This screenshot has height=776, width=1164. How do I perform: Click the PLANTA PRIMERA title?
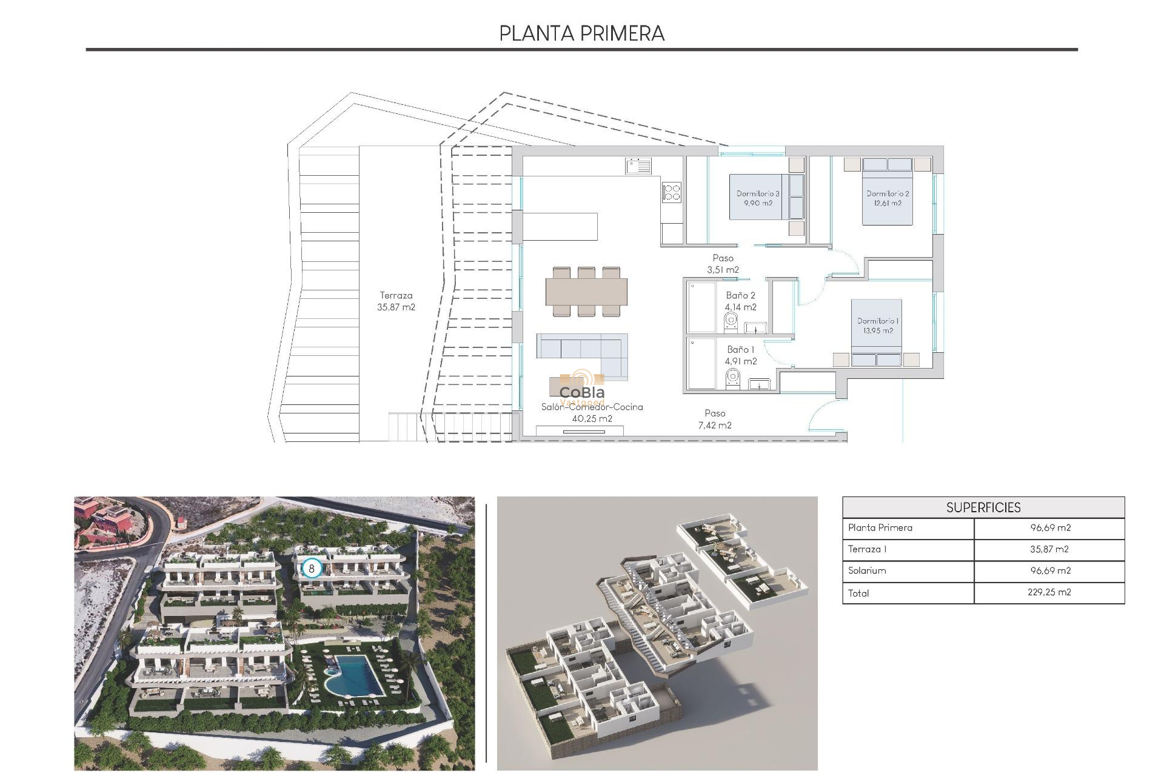[581, 33]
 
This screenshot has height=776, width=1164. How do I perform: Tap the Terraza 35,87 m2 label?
[396, 301]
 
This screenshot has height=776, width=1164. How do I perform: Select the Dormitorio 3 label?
[758, 198]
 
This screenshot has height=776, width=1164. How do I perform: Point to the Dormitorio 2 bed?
[888, 192]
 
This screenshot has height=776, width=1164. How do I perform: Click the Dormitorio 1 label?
[878, 326]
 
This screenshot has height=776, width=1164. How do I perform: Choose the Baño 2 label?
[740, 301]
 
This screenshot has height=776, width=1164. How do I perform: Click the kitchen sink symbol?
[638, 166]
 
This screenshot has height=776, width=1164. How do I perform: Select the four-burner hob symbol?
[672, 192]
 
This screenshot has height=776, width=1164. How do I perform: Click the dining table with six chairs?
[586, 292]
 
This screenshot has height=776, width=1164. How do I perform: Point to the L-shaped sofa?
[583, 355]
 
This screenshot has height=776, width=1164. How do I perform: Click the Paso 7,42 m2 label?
[715, 419]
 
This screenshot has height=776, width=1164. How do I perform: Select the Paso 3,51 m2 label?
[723, 264]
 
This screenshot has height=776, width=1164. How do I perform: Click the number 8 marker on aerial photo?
[312, 569]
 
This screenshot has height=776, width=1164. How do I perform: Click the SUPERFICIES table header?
[983, 507]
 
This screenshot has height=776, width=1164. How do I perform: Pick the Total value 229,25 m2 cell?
[1049, 592]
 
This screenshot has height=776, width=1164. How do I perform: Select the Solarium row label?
[867, 570]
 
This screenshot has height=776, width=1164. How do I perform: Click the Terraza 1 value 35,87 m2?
[1049, 549]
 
